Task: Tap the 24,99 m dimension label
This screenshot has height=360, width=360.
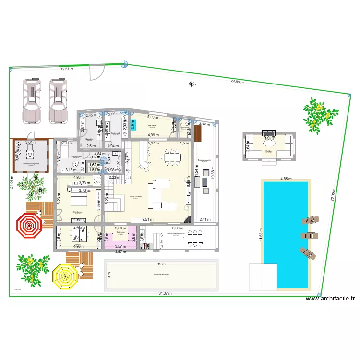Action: (x=237, y=82)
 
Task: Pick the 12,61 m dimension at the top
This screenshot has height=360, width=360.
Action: (x=68, y=69)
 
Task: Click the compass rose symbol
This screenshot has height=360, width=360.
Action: (x=192, y=85)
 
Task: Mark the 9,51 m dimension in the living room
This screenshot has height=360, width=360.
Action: (x=149, y=220)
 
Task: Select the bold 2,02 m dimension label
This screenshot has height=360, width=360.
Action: (x=95, y=157)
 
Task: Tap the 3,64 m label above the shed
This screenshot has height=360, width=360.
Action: (x=31, y=142)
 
